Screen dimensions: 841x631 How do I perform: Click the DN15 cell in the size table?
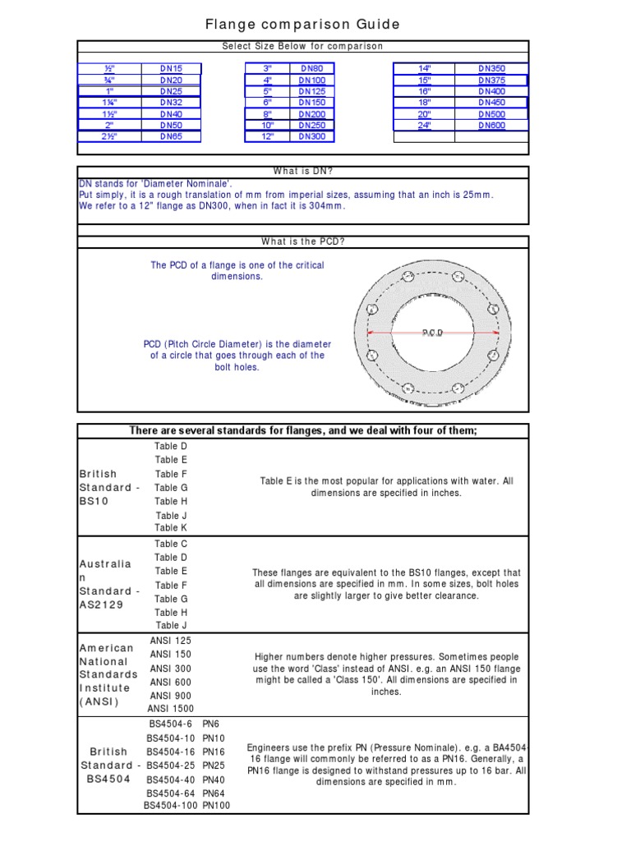click(x=172, y=68)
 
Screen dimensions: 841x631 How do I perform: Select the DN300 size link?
click(x=311, y=136)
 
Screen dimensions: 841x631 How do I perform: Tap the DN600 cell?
click(x=491, y=126)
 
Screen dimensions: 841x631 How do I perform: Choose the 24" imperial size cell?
click(x=425, y=126)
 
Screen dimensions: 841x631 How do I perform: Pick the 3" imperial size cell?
click(x=267, y=68)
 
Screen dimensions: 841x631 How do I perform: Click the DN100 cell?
click(x=311, y=80)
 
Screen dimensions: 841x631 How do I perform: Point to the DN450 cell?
click(x=491, y=103)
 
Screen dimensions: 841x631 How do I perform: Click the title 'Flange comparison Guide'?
click(x=303, y=25)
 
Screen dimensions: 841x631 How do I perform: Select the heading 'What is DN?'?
click(x=303, y=171)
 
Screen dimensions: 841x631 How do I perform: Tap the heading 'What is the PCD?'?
click(x=303, y=241)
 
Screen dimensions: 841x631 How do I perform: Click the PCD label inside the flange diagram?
click(x=433, y=333)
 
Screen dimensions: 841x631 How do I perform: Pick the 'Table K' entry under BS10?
click(x=171, y=528)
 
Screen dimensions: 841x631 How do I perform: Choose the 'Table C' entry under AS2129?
click(x=171, y=544)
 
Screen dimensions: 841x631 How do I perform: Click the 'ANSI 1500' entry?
click(x=171, y=709)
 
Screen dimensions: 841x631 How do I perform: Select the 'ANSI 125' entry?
click(x=171, y=640)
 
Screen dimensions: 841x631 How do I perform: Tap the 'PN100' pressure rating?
click(x=216, y=806)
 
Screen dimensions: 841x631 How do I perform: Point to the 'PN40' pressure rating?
click(x=214, y=779)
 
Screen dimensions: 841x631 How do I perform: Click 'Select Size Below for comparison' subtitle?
click(x=303, y=47)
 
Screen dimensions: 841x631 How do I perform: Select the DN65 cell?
click(x=172, y=136)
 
